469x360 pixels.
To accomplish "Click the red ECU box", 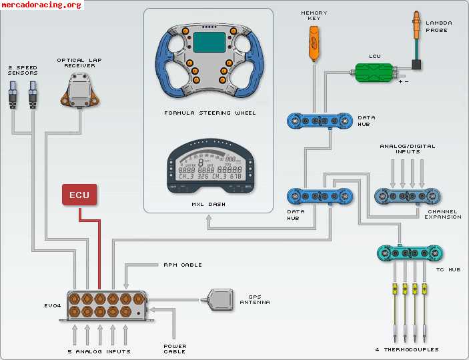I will pos(80,195).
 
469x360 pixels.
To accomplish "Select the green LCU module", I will pos(374,72).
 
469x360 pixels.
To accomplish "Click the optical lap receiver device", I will pos(79,89).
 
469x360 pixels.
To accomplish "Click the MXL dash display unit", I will pos(209,169).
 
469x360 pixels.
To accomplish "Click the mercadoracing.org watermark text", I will pos(41,5).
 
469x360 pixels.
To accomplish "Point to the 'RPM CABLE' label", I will pos(182,265).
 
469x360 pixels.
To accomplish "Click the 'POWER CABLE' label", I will pos(175,349).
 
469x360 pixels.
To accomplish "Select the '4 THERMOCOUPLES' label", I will pos(407,349).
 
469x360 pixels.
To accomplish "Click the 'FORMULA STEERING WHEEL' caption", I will pos(209,113).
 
